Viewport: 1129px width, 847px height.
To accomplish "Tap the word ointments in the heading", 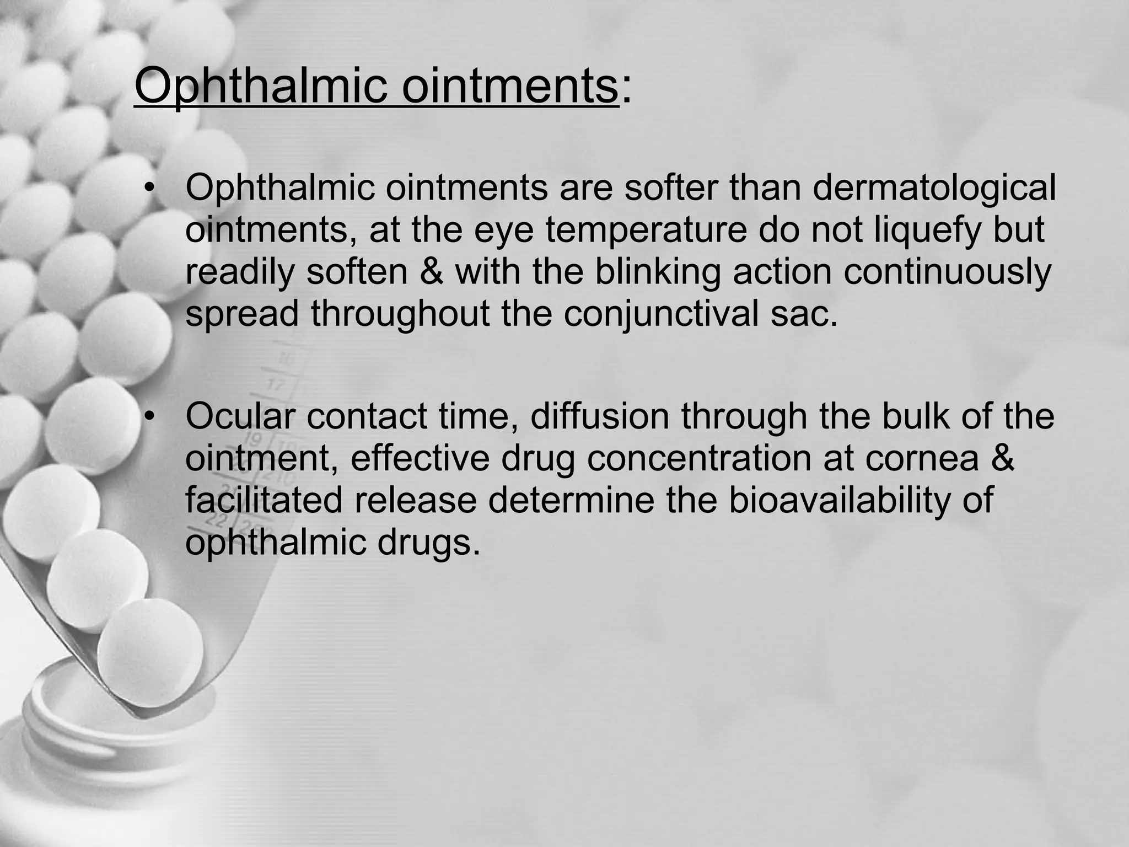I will coord(510,87).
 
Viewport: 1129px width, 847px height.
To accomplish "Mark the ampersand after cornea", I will coord(999,459).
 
